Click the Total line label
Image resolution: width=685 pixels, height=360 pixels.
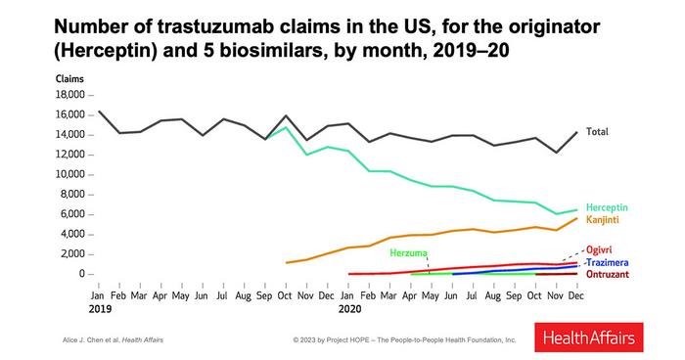pyautogui.click(x=599, y=131)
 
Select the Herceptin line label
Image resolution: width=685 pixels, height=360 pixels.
pyautogui.click(x=607, y=207)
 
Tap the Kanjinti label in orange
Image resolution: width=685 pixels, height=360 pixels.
pyautogui.click(x=604, y=220)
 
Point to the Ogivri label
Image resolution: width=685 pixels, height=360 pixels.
pyautogui.click(x=600, y=250)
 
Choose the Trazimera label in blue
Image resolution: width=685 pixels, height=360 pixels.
pyautogui.click(x=607, y=263)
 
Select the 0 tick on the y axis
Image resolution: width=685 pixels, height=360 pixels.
pyautogui.click(x=83, y=274)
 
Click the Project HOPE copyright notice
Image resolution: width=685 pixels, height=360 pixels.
pyautogui.click(x=403, y=339)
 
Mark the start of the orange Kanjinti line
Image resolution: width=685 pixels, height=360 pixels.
pyautogui.click(x=286, y=263)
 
